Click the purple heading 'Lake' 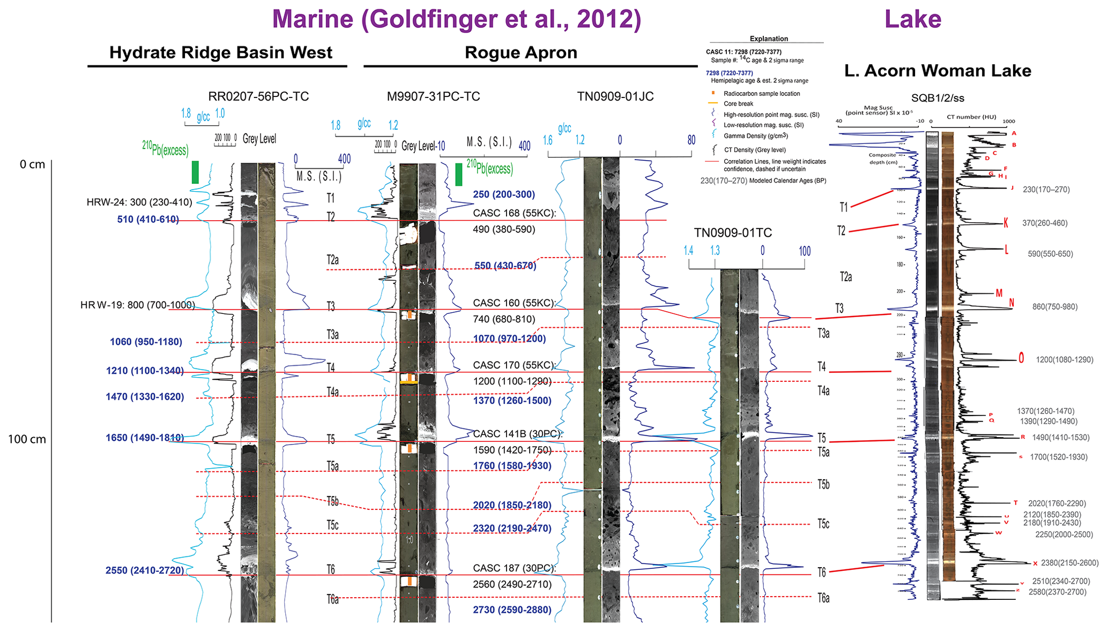[x=913, y=19]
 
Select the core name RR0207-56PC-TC [x=258, y=96]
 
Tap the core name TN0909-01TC [x=733, y=232]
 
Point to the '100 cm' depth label [x=27, y=440]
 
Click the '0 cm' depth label [x=32, y=164]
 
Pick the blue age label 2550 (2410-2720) [x=145, y=570]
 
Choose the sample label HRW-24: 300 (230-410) [x=139, y=202]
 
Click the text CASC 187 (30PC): [x=515, y=568]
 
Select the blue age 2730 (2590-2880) [x=512, y=610]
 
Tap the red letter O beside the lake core [x=1021, y=358]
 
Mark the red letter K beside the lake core [x=1006, y=223]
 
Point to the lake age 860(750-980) [x=1055, y=307]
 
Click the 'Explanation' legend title [x=769, y=39]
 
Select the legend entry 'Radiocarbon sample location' [x=762, y=94]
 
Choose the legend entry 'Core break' [x=738, y=104]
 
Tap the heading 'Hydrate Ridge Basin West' [x=221, y=52]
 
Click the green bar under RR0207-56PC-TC [x=195, y=172]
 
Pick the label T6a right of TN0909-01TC [x=823, y=598]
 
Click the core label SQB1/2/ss [x=938, y=98]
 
